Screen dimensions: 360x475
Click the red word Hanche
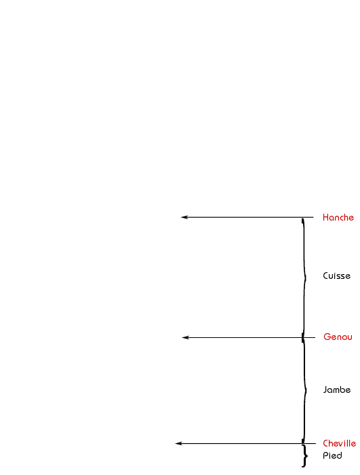click(x=338, y=218)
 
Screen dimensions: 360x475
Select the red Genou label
click(x=338, y=337)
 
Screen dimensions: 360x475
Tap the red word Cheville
click(x=339, y=443)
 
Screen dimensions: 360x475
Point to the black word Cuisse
click(x=336, y=275)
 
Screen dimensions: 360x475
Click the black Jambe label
click(x=337, y=389)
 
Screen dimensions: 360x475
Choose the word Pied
click(x=332, y=455)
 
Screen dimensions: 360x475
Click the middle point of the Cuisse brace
click(x=306, y=277)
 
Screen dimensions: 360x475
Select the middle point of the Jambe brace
click(x=306, y=391)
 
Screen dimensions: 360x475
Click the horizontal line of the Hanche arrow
click(x=247, y=217)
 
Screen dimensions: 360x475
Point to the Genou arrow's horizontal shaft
click(x=249, y=337)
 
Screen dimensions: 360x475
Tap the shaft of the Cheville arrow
click(x=245, y=444)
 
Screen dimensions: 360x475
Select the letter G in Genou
click(x=327, y=337)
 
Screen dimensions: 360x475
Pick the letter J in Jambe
click(x=325, y=389)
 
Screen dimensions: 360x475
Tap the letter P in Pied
click(x=325, y=455)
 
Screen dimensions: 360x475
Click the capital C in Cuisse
click(x=326, y=275)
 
